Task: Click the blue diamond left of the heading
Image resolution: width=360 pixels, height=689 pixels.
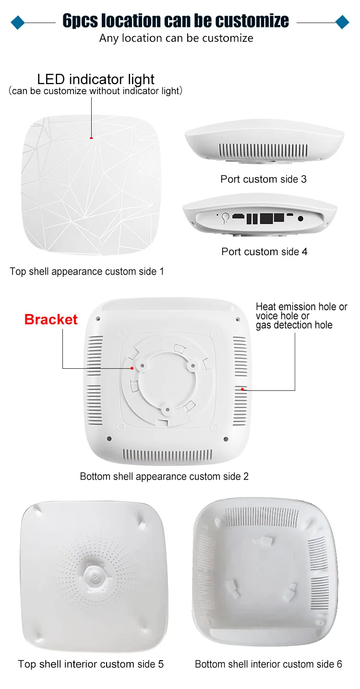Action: (17, 22)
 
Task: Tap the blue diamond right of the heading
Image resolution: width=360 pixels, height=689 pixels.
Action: (342, 22)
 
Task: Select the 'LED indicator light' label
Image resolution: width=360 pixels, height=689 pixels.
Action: (96, 79)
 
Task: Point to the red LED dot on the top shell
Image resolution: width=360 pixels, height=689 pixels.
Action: (91, 138)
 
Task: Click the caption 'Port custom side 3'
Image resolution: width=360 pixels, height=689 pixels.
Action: (264, 179)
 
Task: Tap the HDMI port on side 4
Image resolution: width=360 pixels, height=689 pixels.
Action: (238, 217)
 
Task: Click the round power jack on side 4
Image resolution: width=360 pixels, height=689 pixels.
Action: (301, 218)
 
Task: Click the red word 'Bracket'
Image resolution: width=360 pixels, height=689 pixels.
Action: (51, 319)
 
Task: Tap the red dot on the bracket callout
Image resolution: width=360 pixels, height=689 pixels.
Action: (132, 368)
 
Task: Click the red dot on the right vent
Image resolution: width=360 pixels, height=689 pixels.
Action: (243, 389)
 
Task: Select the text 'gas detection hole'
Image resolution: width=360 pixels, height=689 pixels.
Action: (294, 325)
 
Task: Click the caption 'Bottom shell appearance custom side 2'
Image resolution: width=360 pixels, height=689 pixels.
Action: (164, 476)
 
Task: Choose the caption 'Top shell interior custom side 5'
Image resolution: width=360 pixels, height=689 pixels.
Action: (91, 664)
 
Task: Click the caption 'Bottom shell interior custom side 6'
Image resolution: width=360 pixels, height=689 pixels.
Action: (268, 664)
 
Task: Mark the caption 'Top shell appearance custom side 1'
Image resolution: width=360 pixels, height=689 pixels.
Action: (87, 271)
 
